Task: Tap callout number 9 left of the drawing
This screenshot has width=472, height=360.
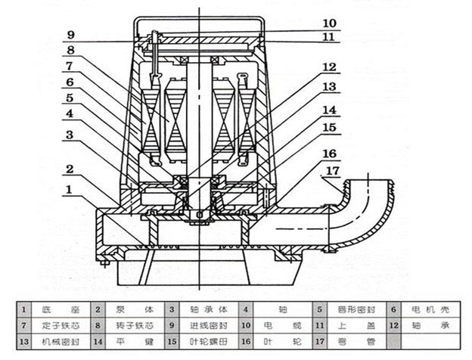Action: [70, 34]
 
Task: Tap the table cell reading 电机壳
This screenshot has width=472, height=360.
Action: [433, 309]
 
